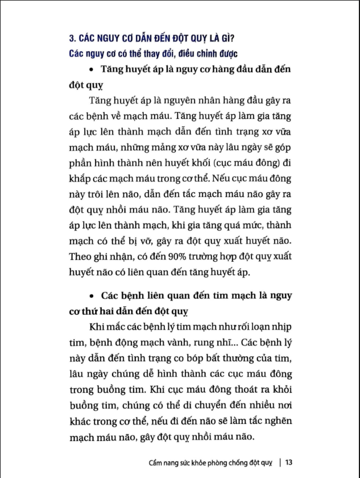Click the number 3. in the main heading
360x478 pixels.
click(72, 39)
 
